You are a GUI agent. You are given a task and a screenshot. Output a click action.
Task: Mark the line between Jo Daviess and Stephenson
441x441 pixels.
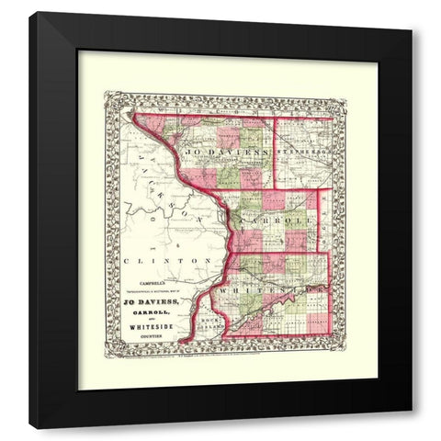(x=277, y=152)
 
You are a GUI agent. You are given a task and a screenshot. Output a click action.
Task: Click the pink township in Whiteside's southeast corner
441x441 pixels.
(x=317, y=321)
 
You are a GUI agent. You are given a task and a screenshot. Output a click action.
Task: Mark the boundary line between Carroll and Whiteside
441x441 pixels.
(x=276, y=252)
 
